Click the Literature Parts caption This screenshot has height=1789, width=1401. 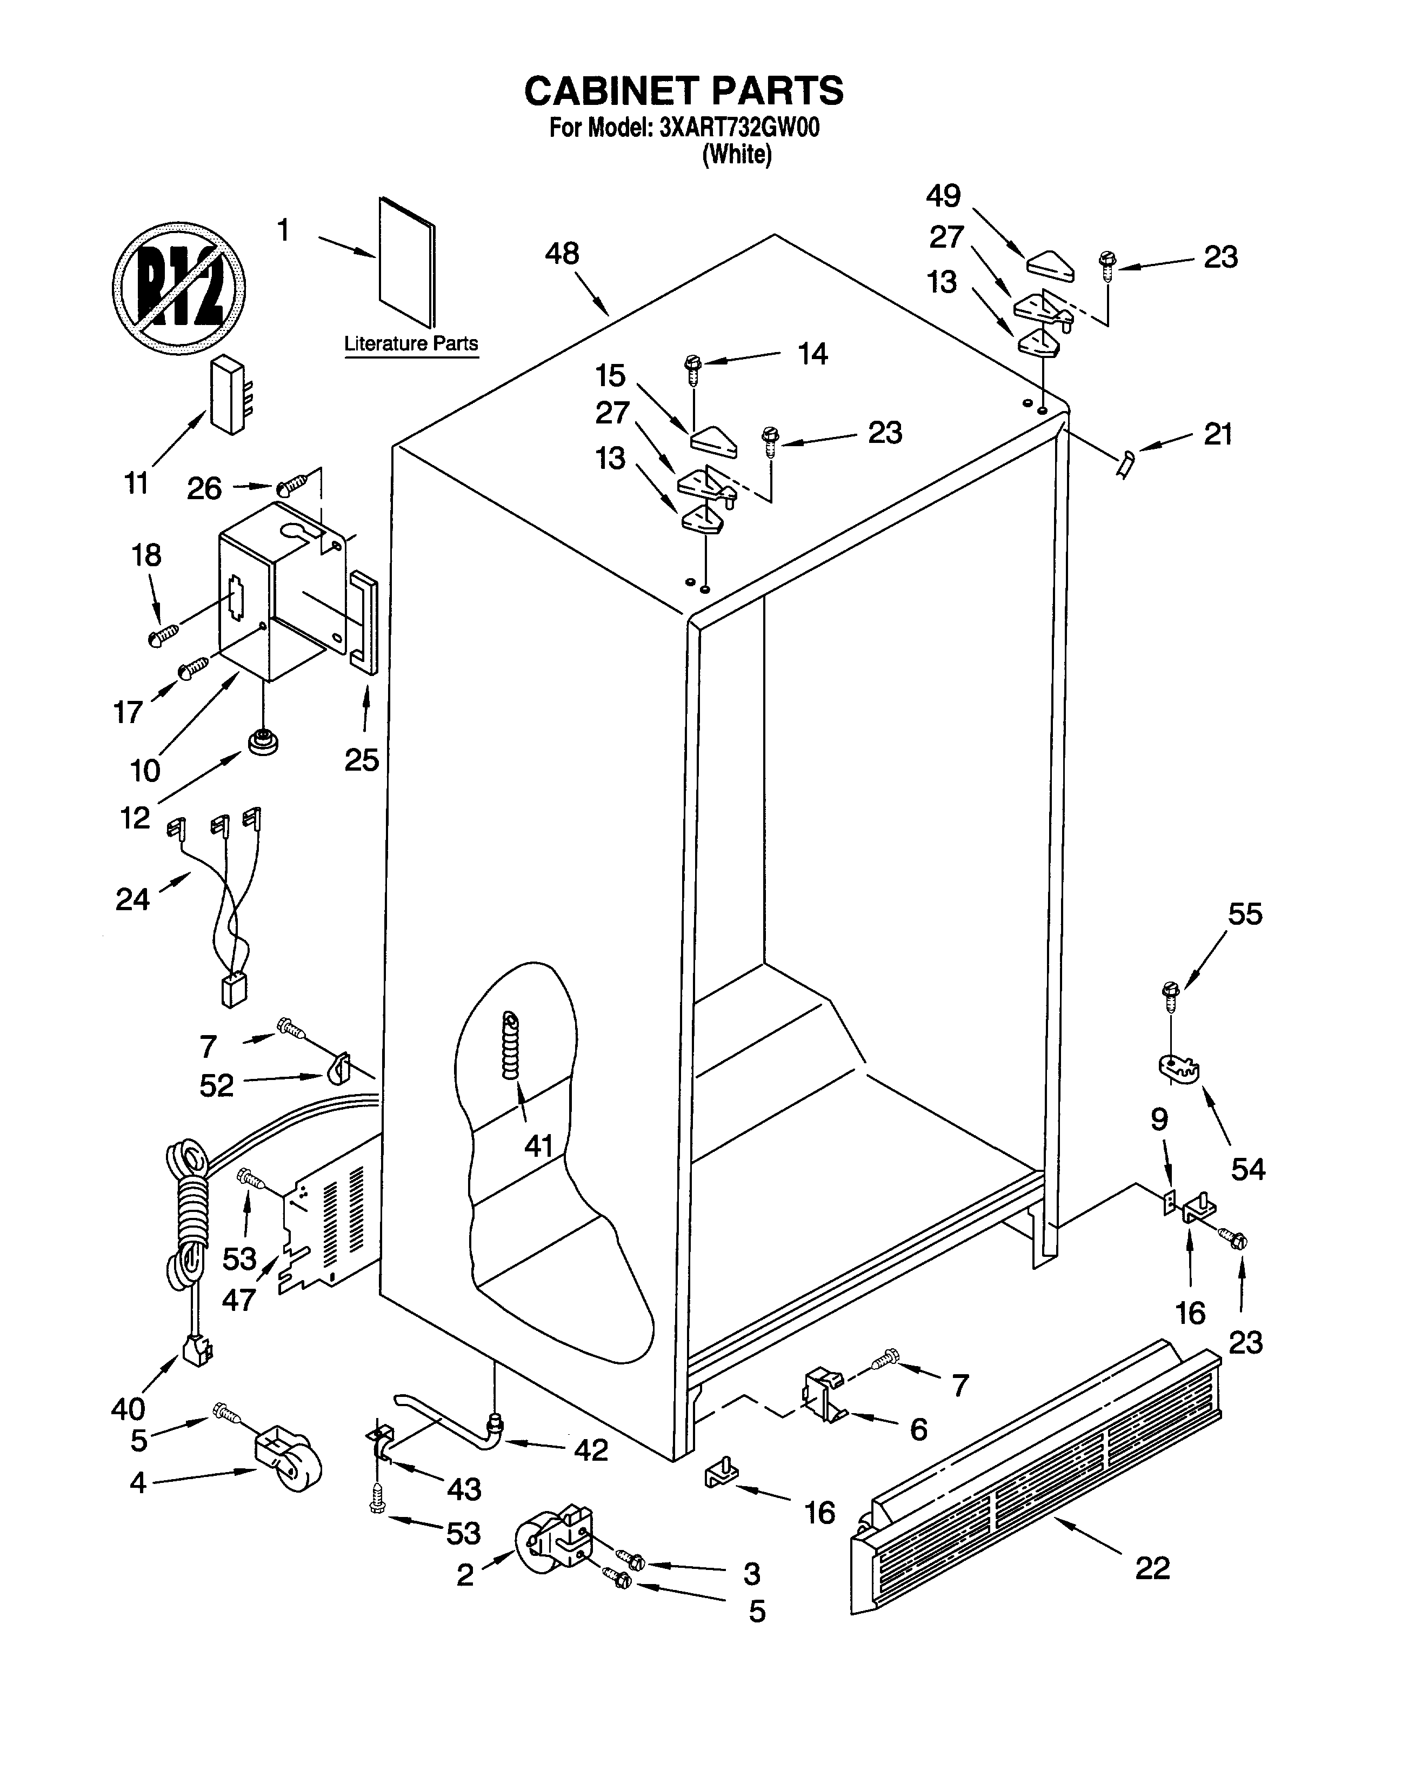pos(410,344)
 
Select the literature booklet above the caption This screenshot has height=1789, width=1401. pos(408,261)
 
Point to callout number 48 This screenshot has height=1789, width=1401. pos(562,254)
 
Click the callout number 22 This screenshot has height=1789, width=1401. pos(1152,1568)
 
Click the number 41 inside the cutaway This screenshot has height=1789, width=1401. pos(539,1145)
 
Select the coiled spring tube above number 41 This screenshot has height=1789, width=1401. pos(512,1047)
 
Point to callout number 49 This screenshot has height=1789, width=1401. pos(943,196)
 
